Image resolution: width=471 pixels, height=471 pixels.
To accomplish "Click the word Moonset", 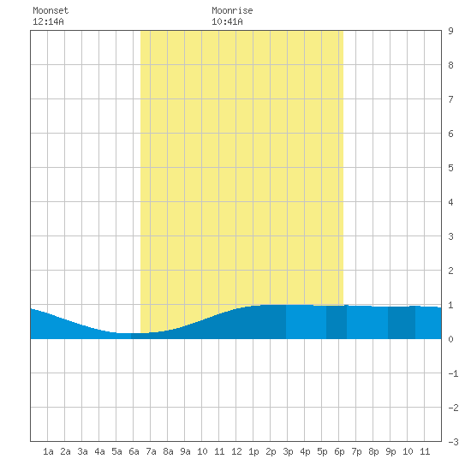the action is point(51,10).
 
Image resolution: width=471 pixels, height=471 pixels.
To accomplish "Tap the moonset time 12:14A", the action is point(48,21).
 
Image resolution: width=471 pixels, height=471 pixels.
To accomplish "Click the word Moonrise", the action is point(232,10).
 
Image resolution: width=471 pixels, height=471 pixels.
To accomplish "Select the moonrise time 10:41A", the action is point(227,21).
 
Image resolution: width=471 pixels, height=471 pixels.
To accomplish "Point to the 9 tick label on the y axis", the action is point(450,31).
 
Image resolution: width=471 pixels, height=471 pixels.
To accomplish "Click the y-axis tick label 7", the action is point(450,99).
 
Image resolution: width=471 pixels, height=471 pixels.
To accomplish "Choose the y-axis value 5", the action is point(450,168).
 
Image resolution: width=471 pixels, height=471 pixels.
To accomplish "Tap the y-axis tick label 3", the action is point(450,236).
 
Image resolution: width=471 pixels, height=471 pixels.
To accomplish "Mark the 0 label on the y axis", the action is point(450,339).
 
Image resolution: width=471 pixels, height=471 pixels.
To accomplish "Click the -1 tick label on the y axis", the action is point(453,373).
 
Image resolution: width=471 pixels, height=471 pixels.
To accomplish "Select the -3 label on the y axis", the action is point(453,442).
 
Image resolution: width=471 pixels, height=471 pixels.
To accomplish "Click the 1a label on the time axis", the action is point(48,451).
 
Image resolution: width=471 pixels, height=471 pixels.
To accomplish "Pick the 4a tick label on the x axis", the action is point(99,451).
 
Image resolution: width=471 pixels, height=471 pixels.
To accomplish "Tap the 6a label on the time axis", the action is point(134,451).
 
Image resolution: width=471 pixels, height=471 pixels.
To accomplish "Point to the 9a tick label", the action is point(185,451).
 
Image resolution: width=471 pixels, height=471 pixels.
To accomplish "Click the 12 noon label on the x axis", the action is point(236,451).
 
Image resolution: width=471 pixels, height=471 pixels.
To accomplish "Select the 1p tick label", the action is point(253,451).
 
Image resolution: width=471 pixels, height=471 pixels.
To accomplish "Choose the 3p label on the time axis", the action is point(288,451).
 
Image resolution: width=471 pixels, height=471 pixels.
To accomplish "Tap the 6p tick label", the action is point(339,451).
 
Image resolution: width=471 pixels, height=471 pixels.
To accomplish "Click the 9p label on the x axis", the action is point(391,451).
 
